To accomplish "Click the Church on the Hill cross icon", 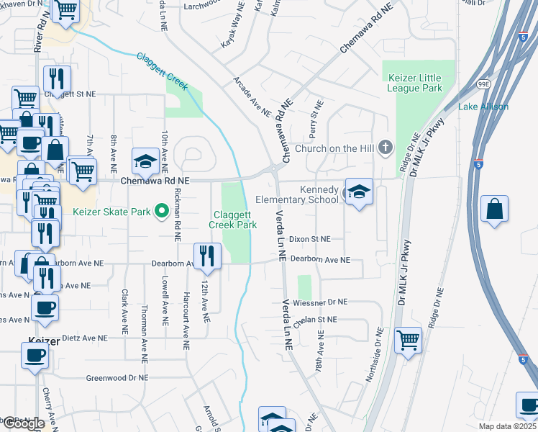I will [386, 149].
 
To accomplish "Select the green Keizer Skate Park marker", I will [162, 211].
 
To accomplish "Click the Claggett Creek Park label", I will [232, 220].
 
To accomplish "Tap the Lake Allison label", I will [483, 107].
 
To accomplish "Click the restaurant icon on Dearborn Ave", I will [206, 256].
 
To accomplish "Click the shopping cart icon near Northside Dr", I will [409, 338].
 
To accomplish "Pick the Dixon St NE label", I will [309, 238].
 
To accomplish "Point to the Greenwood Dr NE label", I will [117, 377].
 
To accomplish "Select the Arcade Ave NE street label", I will [251, 97].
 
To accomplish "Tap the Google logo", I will [24, 423].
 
